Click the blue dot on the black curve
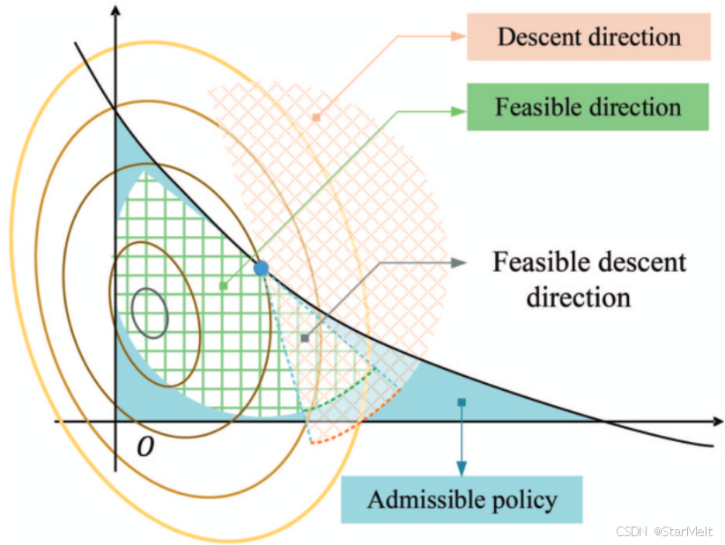pyautogui.click(x=261, y=268)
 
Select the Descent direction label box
pyautogui.click(x=588, y=37)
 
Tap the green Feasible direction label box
pyautogui.click(x=588, y=107)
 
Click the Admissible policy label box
pyautogui.click(x=462, y=500)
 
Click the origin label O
pyautogui.click(x=146, y=447)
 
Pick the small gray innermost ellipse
pyautogui.click(x=151, y=313)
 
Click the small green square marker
pyautogui.click(x=224, y=285)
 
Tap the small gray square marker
pyautogui.click(x=305, y=337)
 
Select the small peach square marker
pyautogui.click(x=315, y=116)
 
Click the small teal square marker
pyautogui.click(x=462, y=402)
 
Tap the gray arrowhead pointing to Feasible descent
pyautogui.click(x=461, y=262)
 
